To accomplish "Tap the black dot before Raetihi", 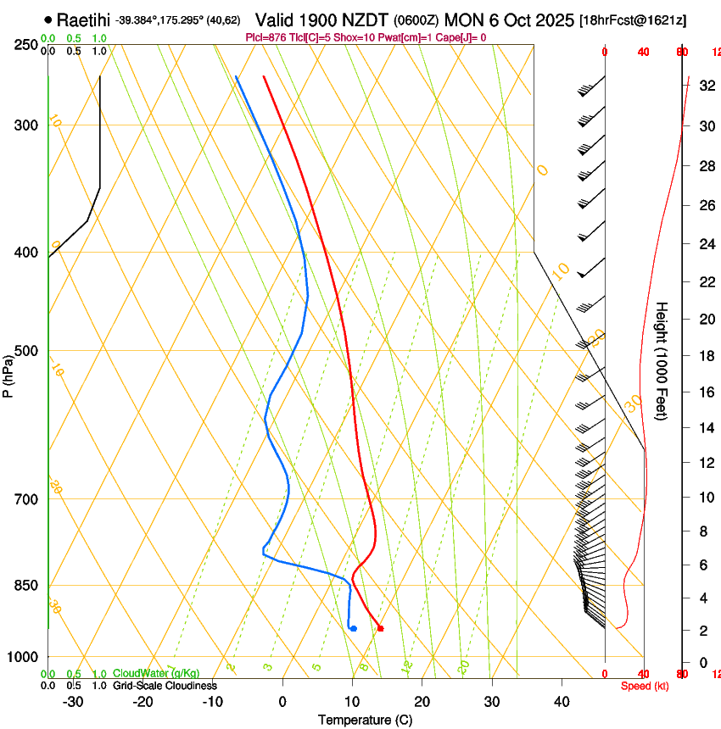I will pyautogui.click(x=48, y=19).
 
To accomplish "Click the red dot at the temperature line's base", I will pyautogui.click(x=380, y=628).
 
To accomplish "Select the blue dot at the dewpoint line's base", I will pyautogui.click(x=354, y=628).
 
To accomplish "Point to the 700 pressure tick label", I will pyautogui.click(x=27, y=499).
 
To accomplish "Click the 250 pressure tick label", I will pyautogui.click(x=27, y=45).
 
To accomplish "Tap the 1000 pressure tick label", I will pyautogui.click(x=24, y=657).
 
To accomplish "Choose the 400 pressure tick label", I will pyautogui.click(x=27, y=253).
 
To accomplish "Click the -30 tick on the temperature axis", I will pyautogui.click(x=73, y=702).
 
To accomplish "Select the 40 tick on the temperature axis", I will pyautogui.click(x=562, y=702).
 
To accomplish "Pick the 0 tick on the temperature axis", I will pyautogui.click(x=283, y=702).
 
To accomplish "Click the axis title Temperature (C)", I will pyautogui.click(x=365, y=720).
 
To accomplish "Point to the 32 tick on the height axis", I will pyautogui.click(x=706, y=86).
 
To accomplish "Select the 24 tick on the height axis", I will pyautogui.click(x=706, y=244).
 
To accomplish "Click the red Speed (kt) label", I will pyautogui.click(x=645, y=686).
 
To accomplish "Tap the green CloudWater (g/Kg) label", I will pyautogui.click(x=156, y=674).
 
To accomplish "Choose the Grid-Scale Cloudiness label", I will pyautogui.click(x=165, y=686).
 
